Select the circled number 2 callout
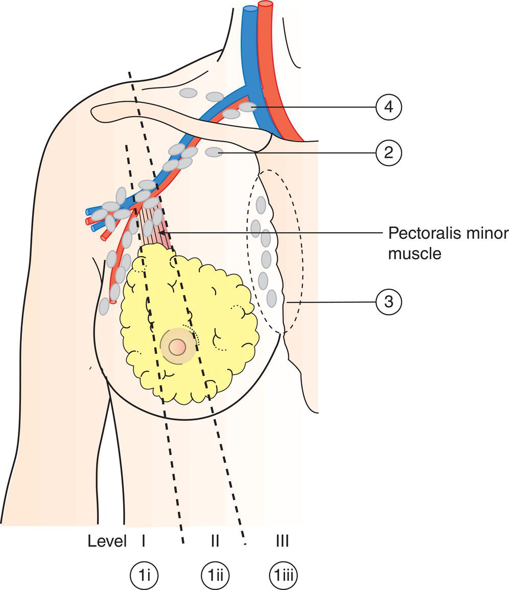pyautogui.click(x=388, y=152)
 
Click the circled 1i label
pyautogui.click(x=144, y=574)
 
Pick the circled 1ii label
pyautogui.click(x=215, y=574)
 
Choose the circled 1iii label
pyautogui.click(x=283, y=574)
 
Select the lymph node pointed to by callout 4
pyautogui.click(x=248, y=107)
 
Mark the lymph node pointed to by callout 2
pyautogui.click(x=214, y=152)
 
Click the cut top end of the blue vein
pyautogui.click(x=250, y=9)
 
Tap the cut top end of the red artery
pyautogui.click(x=265, y=5)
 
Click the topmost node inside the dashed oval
pyautogui.click(x=261, y=205)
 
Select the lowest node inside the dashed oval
pyautogui.click(x=271, y=298)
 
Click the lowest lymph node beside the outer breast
pyautogui.click(x=104, y=306)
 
